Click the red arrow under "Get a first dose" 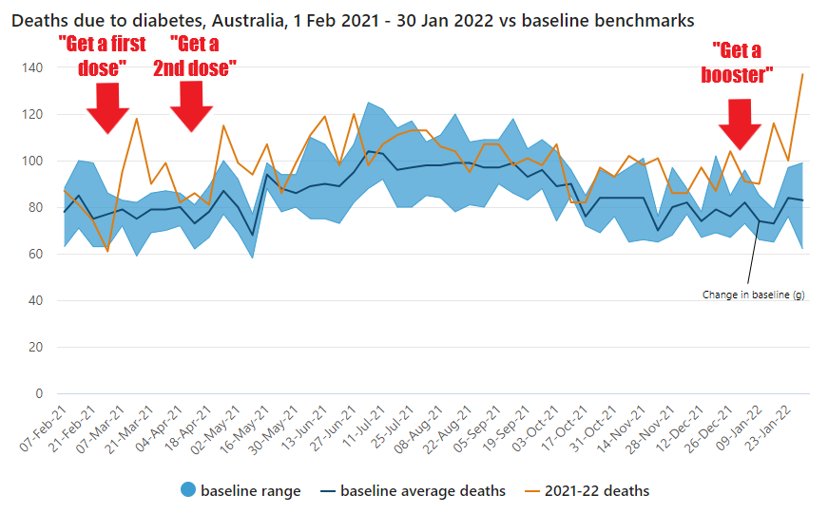pyautogui.click(x=107, y=106)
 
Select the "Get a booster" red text pyautogui.click(x=742, y=63)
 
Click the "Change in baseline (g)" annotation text pyautogui.click(x=755, y=295)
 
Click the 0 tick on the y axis pyautogui.click(x=39, y=393)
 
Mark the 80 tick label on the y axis pyautogui.click(x=36, y=207)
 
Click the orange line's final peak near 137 pyautogui.click(x=803, y=74)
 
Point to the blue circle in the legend pyautogui.click(x=187, y=491)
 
